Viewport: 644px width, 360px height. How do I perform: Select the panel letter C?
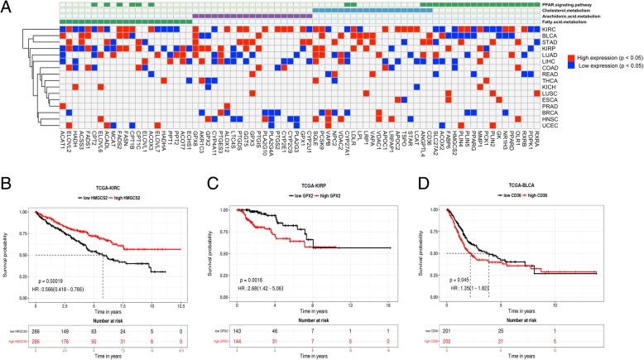[224, 151]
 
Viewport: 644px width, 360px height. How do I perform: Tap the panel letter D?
[435, 151]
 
